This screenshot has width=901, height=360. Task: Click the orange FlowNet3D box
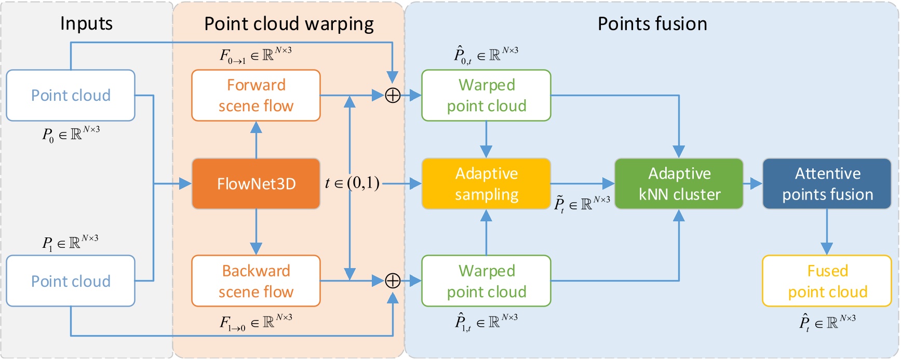(x=256, y=184)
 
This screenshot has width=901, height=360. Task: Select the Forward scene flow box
(x=256, y=96)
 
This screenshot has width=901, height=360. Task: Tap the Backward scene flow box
(x=256, y=281)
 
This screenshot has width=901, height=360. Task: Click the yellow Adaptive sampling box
(x=486, y=184)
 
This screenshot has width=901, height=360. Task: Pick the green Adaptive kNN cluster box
(x=679, y=184)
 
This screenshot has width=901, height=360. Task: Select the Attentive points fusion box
(x=827, y=184)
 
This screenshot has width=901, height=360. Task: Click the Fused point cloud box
(x=827, y=281)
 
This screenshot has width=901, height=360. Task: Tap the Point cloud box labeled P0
(x=71, y=96)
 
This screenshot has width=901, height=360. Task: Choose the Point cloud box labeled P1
(x=71, y=281)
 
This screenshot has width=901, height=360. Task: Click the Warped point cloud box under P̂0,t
(x=486, y=96)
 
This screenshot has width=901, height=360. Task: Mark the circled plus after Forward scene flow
(x=393, y=96)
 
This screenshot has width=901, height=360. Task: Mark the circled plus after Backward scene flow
(x=393, y=281)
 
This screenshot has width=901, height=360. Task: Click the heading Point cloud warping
(x=289, y=24)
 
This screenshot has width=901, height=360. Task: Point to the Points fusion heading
(x=652, y=24)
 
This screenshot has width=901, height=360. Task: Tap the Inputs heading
(x=86, y=23)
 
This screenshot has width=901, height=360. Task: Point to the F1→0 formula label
(x=255, y=323)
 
